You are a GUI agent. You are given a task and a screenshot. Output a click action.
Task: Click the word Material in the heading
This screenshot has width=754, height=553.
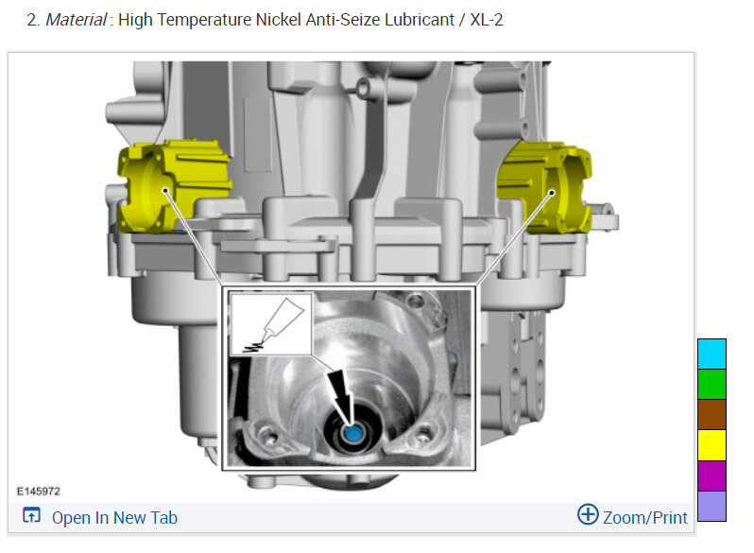[x=76, y=20]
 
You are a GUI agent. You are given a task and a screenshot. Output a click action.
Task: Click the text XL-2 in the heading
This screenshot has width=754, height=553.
[x=487, y=20]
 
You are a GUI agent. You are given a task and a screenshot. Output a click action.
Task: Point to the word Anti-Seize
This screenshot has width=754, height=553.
[x=343, y=20]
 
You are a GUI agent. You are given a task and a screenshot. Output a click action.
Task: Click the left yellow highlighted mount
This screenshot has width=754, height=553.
[x=173, y=185]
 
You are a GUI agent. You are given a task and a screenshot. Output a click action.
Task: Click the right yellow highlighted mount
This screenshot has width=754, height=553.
[x=546, y=187]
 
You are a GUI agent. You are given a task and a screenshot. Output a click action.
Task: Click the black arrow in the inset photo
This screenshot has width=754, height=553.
[x=342, y=393]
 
